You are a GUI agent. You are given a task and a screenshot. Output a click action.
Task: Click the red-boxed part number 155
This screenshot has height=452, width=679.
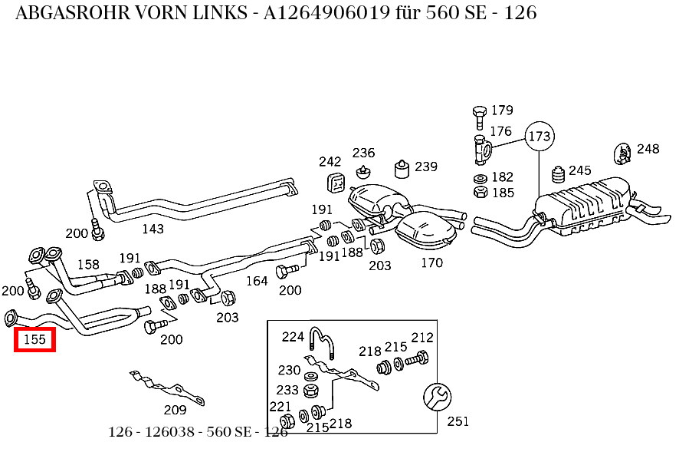pos(34,338)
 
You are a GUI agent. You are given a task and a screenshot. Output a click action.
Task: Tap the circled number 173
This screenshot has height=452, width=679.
pos(539,137)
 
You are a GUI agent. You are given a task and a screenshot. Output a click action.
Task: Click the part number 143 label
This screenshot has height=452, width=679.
pos(153,229)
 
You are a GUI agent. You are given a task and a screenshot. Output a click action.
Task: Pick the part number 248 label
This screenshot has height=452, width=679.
pos(648,149)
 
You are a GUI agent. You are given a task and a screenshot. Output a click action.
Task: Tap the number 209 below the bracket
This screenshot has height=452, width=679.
pos(175,410)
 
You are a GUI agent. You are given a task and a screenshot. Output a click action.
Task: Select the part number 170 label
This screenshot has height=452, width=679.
pos(431,262)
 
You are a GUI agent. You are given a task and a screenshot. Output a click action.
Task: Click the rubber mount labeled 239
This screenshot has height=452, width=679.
pos(399,168)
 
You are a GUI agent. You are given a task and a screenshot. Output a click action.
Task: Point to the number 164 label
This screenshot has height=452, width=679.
pos(257,281)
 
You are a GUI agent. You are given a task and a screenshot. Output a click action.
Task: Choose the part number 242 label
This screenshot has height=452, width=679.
pos(330,162)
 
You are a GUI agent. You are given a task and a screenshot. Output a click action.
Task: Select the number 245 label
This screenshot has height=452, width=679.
pos(580,170)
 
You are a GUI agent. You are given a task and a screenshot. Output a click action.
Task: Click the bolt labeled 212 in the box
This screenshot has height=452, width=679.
pos(418,358)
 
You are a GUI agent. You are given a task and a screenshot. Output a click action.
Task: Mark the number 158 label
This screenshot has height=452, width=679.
pos(88,265)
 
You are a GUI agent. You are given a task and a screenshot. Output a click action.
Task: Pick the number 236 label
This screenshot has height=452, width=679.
pos(364,153)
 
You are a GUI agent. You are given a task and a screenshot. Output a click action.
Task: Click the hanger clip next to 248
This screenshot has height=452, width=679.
pos(623,153)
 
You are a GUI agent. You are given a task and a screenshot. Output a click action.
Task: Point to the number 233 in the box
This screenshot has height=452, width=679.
pos(288,390)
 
